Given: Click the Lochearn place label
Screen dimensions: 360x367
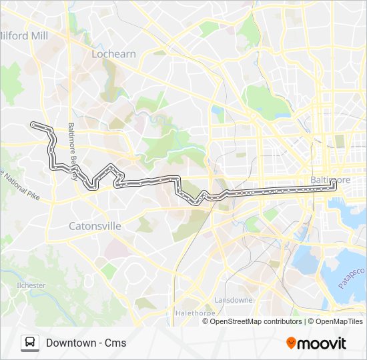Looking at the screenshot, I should (x=113, y=54).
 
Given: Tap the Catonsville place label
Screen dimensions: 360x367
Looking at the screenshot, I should (x=95, y=226).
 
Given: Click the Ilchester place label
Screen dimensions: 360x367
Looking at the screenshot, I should (x=31, y=285).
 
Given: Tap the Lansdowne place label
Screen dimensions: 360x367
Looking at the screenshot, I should (x=234, y=300).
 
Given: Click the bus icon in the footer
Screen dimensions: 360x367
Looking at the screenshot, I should (x=30, y=343).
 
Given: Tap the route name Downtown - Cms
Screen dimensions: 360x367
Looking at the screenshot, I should (x=86, y=343).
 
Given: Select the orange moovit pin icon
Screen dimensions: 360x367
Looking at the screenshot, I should (x=292, y=343).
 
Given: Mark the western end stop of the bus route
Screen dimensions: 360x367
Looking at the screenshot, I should (x=32, y=124).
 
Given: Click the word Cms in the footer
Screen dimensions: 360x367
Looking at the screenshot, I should (x=115, y=343).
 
